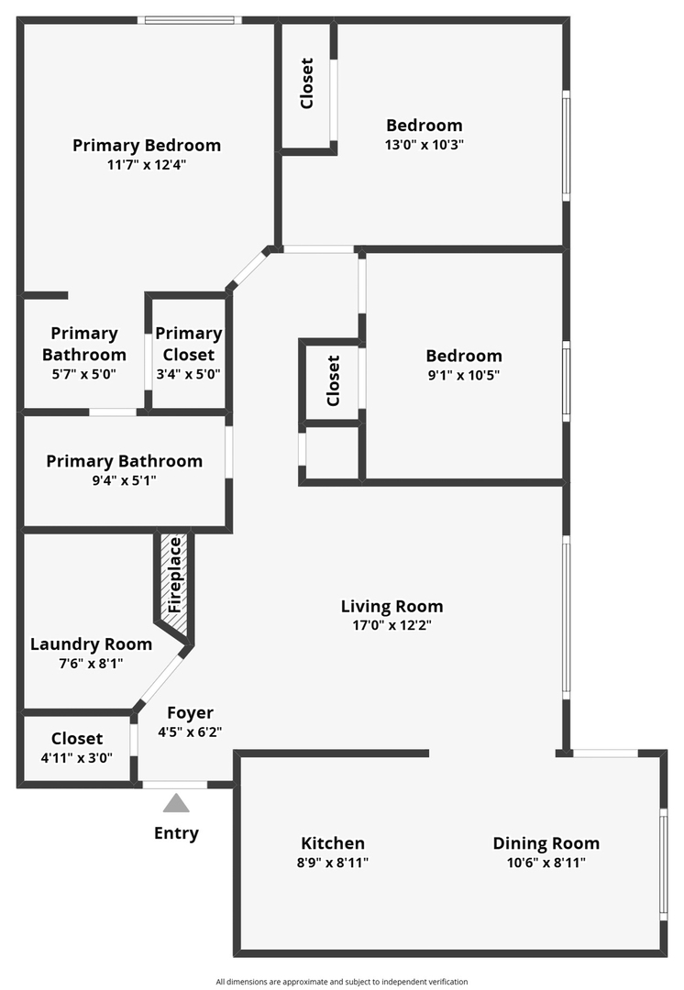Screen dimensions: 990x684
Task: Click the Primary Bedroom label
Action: [147, 145]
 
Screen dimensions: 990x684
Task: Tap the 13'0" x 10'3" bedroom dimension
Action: [424, 144]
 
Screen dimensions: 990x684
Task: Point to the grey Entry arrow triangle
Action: [176, 803]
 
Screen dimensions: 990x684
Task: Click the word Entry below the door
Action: [176, 833]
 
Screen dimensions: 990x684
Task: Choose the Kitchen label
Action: [333, 843]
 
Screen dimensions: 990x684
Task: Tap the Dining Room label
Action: [546, 843]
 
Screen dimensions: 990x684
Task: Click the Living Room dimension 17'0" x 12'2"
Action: [392, 625]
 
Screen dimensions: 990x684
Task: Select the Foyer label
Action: [190, 712]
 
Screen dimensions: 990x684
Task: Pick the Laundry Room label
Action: [91, 643]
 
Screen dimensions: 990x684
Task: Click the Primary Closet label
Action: [188, 344]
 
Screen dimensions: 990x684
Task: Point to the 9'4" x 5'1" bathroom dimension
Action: [124, 479]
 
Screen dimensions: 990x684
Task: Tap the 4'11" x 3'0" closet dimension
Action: [77, 757]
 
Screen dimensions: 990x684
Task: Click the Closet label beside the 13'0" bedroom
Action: [307, 83]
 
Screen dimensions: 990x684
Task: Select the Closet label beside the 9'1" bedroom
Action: [333, 381]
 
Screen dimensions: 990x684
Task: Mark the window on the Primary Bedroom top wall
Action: [190, 20]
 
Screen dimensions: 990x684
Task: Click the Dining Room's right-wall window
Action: [663, 862]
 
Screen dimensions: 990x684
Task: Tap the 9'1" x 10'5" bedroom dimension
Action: [463, 375]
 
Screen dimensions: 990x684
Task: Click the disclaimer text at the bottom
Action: [341, 982]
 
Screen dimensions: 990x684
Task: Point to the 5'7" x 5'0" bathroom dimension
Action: [83, 373]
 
